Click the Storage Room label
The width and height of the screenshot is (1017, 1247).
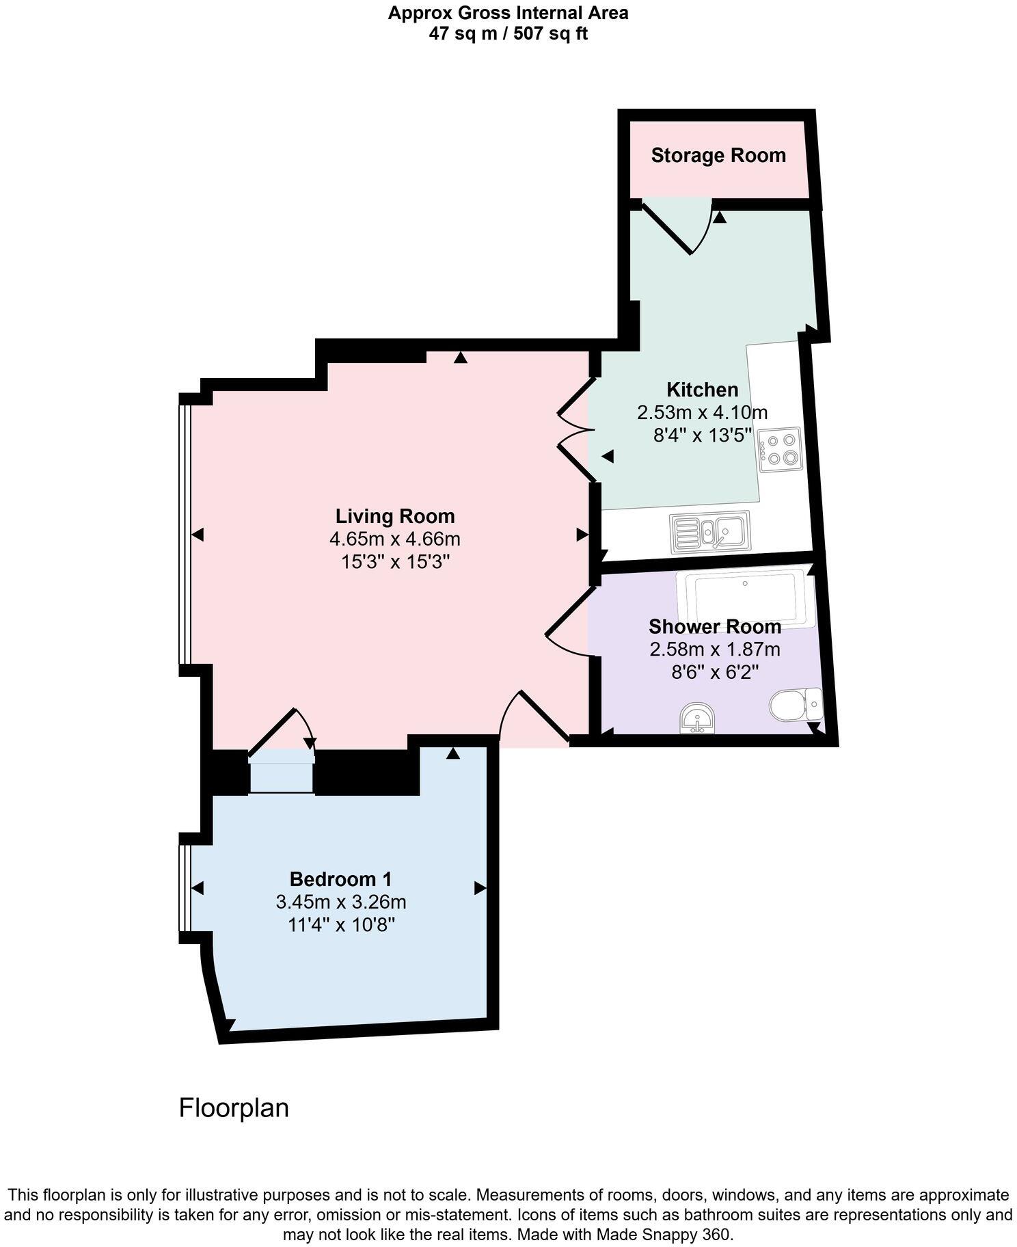tap(718, 156)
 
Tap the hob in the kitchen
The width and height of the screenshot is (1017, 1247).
tap(780, 450)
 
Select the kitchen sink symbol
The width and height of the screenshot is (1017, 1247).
tap(710, 531)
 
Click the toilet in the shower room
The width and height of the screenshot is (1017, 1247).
tap(795, 704)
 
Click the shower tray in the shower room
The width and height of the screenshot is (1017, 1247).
tap(745, 596)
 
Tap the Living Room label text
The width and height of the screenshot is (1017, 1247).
tap(395, 516)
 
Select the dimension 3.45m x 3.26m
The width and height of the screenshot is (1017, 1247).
tap(341, 902)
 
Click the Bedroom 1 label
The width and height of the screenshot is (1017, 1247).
tap(341, 879)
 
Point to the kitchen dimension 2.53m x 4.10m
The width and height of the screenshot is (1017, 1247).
tap(702, 413)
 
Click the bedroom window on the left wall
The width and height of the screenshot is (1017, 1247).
tap(185, 887)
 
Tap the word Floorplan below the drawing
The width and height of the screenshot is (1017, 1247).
tap(234, 1108)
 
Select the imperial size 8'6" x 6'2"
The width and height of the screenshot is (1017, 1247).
tap(715, 673)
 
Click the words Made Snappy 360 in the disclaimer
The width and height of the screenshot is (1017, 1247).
tap(664, 1235)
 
